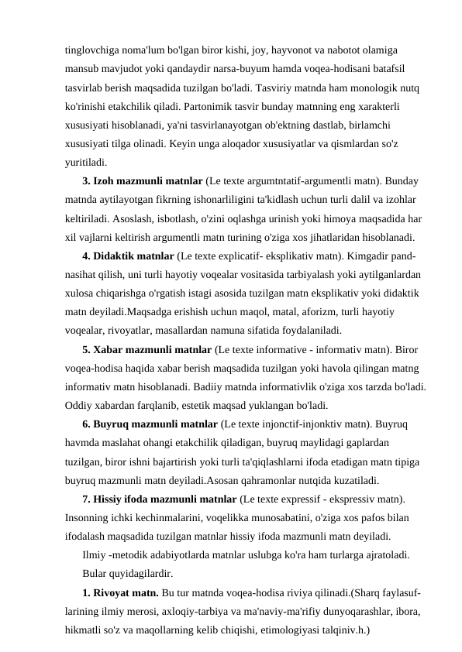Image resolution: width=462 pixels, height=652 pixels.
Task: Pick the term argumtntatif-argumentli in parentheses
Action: pos(282,181)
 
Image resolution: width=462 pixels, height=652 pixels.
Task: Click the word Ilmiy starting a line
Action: pos(95,557)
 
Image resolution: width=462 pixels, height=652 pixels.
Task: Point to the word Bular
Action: pos(95,575)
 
